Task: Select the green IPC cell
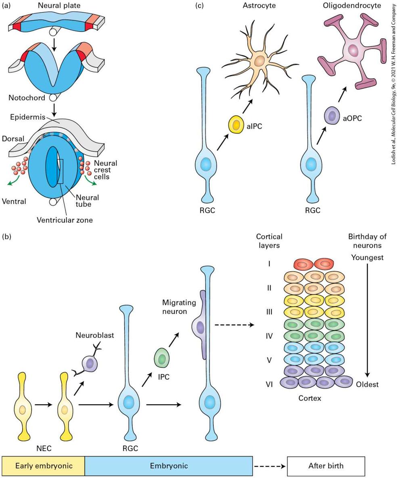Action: click(162, 357)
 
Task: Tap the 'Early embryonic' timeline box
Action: click(43, 466)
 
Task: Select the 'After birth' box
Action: click(326, 466)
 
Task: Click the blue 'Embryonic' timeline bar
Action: click(169, 466)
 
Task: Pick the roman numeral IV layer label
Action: click(269, 336)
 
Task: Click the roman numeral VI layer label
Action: click(269, 384)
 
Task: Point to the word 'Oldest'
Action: click(368, 384)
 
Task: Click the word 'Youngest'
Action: click(367, 258)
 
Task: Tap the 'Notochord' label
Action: click(27, 98)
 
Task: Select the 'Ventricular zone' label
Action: click(65, 220)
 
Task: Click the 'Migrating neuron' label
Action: click(179, 307)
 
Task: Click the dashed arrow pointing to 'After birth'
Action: click(270, 466)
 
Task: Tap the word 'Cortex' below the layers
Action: click(310, 398)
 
